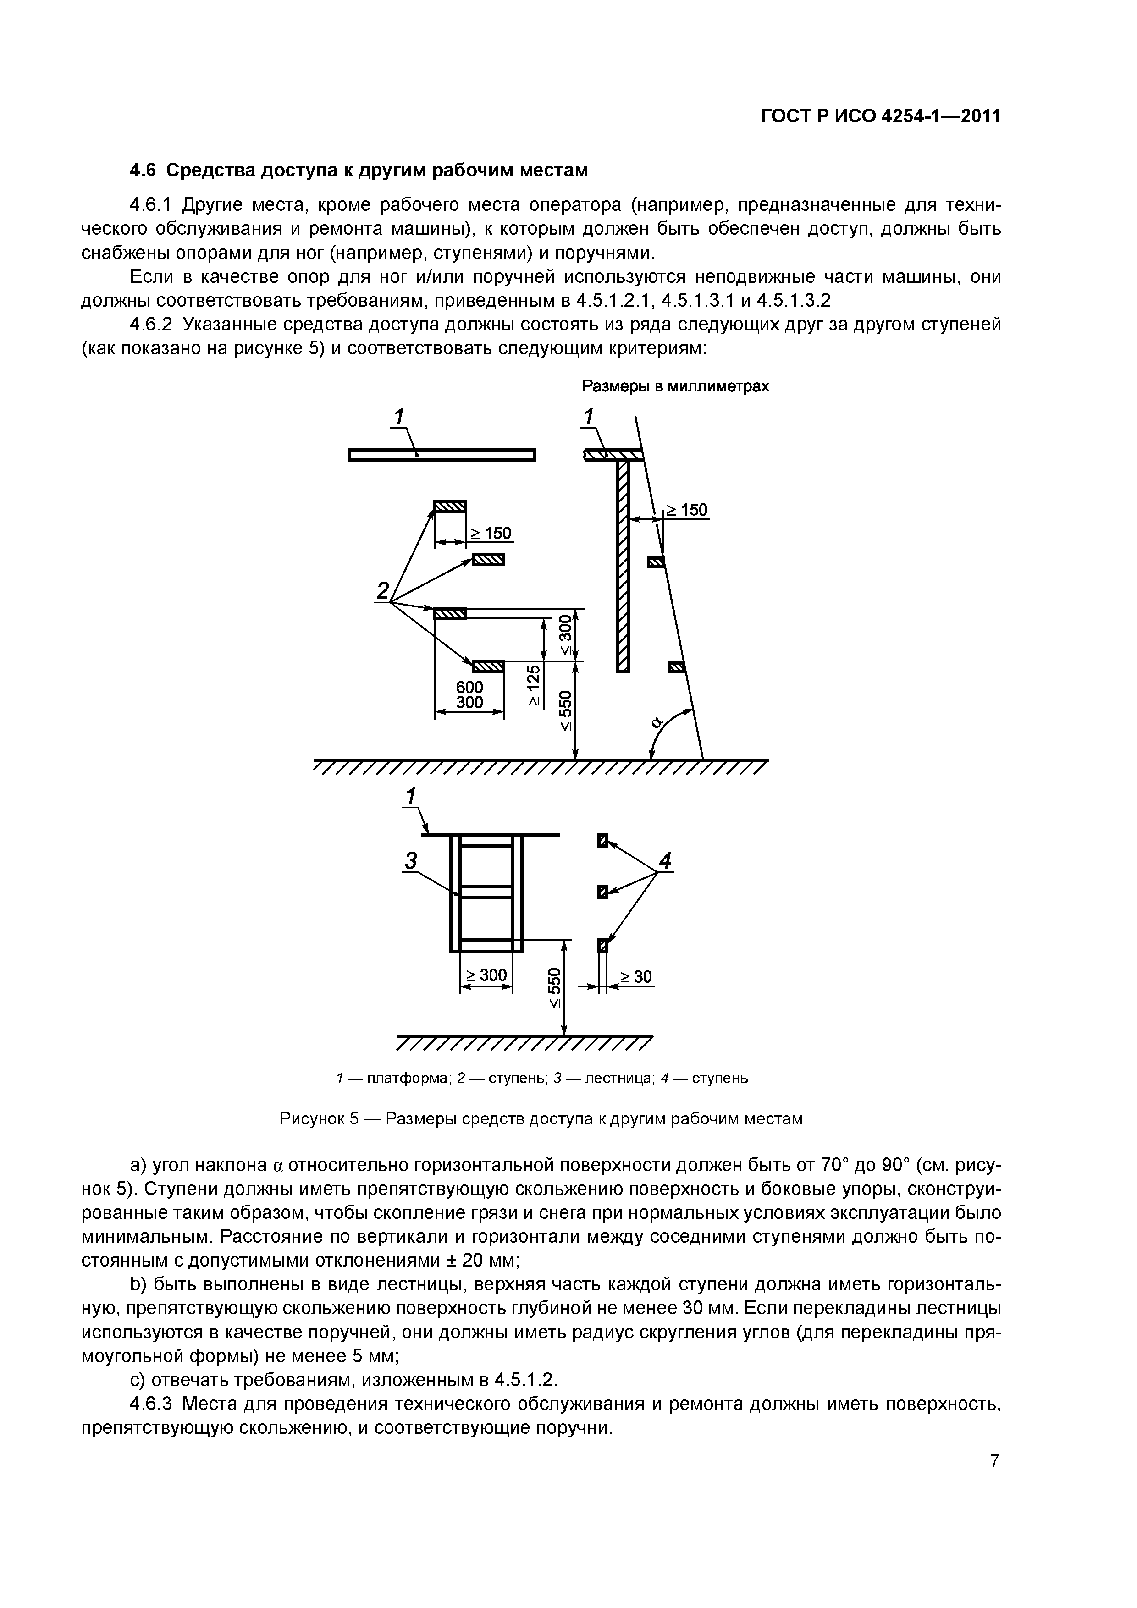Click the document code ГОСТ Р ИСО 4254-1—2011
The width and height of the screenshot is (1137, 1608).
tap(880, 116)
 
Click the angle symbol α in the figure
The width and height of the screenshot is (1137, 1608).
tap(657, 721)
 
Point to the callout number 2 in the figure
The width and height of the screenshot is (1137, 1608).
tap(382, 591)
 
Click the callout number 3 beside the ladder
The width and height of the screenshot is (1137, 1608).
tap(411, 861)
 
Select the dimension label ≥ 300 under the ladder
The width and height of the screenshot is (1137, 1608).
tap(486, 975)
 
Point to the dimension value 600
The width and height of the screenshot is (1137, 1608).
tap(469, 688)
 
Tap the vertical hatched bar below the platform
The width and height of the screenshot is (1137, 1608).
tap(623, 566)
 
